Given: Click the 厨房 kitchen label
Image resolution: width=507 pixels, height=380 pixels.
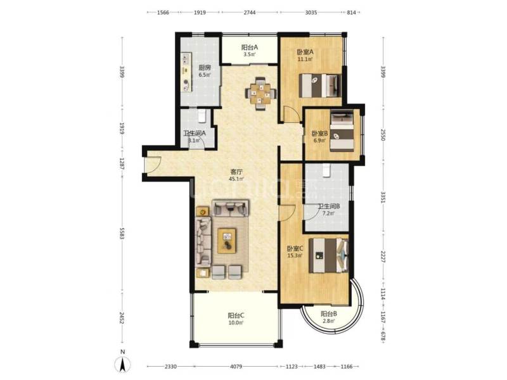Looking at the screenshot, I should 205,68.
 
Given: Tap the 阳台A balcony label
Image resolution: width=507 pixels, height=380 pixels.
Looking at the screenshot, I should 249,47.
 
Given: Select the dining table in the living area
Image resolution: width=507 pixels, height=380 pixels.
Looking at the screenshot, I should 262,93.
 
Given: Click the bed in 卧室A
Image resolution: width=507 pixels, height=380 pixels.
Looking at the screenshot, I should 320,84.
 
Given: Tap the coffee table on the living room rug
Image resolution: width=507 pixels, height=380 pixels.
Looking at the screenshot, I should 226,239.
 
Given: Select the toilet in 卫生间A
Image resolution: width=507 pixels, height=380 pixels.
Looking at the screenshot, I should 201,115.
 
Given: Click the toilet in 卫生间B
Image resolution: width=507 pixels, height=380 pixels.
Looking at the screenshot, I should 326,169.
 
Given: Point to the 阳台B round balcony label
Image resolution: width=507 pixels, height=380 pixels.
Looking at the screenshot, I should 328,314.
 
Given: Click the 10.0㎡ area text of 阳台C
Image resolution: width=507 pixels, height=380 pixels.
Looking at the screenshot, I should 236,323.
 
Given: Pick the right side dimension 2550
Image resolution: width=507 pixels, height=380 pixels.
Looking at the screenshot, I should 383,135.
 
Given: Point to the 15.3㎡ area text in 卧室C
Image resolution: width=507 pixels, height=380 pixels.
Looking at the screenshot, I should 295,256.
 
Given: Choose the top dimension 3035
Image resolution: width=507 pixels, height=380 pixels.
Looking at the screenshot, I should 311,13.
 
